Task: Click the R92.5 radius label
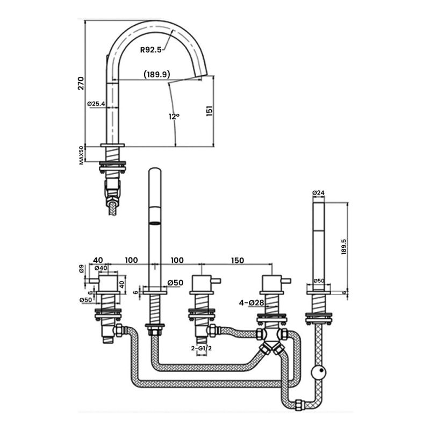(150, 49)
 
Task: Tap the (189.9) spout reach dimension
(156, 75)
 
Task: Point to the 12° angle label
(173, 117)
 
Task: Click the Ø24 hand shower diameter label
(319, 192)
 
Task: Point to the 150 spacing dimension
(237, 261)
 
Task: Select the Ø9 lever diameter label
(81, 269)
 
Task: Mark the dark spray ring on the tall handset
(154, 223)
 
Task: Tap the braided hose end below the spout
(112, 206)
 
